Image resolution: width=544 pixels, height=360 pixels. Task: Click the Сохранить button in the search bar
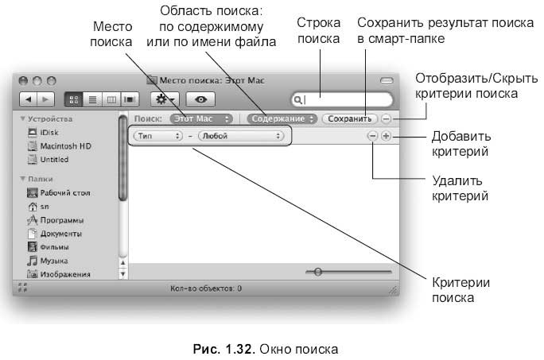[349, 119]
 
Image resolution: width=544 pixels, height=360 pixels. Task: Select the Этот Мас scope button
[201, 119]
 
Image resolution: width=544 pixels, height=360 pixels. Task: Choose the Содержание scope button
[282, 119]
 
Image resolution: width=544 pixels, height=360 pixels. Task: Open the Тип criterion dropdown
[158, 136]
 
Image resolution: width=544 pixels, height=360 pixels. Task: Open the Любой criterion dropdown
[241, 136]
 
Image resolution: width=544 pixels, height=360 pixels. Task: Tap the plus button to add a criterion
[386, 136]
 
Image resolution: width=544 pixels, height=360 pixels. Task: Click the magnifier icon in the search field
[297, 100]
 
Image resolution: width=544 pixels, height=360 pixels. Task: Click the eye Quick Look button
[200, 100]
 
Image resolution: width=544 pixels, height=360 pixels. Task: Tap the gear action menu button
[165, 100]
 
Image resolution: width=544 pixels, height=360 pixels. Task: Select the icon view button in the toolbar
[74, 100]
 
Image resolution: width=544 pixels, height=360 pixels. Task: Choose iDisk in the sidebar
[43, 133]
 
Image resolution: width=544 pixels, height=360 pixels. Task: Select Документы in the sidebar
[55, 234]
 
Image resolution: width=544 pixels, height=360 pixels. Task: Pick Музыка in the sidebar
[48, 261]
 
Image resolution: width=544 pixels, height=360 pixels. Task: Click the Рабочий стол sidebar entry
[59, 193]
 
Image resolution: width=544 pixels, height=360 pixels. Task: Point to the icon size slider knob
[318, 272]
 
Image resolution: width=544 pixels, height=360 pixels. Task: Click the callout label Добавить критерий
[461, 144]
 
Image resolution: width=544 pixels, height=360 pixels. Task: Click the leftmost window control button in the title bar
[23, 81]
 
